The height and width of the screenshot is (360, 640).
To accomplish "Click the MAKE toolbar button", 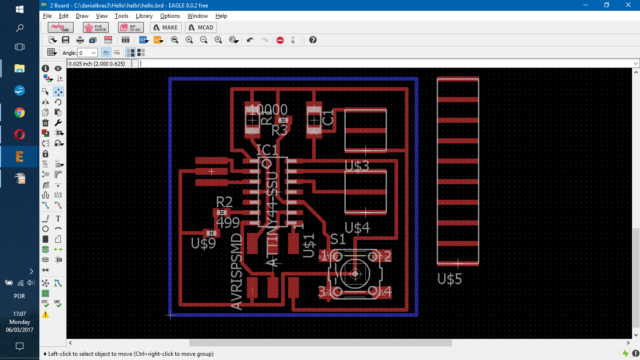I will [165, 27].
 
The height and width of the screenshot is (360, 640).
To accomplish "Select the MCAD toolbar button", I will [201, 27].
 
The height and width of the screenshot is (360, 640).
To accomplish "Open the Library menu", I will [144, 16].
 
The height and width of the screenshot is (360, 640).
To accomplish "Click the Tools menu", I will [121, 16].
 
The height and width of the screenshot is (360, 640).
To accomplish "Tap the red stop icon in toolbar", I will [280, 40].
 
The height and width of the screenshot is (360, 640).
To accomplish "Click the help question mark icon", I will [313, 40].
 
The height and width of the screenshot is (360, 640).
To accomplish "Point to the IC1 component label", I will [268, 150].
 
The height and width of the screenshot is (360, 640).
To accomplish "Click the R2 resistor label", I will [224, 202].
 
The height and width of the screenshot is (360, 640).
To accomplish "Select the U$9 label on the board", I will [203, 243].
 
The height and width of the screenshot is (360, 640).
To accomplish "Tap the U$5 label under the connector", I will [450, 279].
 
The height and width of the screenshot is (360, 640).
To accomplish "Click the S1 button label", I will [338, 240].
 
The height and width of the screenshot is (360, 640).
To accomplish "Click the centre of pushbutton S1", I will [355, 274].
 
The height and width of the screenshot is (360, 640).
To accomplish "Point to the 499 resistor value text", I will [228, 223].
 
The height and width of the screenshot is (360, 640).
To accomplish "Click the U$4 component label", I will [357, 228].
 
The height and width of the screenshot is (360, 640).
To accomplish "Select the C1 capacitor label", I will [328, 118].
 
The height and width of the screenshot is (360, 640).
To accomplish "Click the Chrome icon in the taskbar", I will [20, 112].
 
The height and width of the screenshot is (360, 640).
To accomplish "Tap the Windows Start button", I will [20, 9].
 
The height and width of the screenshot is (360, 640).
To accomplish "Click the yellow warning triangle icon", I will [45, 315].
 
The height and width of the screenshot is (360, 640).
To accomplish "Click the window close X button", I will [628, 5].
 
